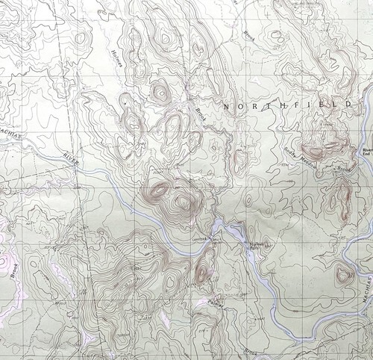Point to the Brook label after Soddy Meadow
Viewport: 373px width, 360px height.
click(x=342, y=171)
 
